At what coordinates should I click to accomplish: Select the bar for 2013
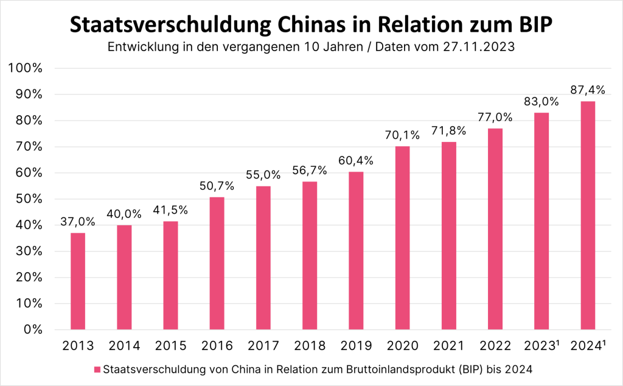[x=78, y=281]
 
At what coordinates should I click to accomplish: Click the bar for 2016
[x=217, y=263]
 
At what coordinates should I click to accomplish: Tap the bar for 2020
[x=402, y=238]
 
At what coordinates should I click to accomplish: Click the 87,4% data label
[x=587, y=89]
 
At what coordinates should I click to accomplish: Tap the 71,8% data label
[x=448, y=130]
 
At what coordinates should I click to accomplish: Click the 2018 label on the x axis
[x=310, y=346]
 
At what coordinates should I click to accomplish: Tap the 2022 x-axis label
[x=495, y=346]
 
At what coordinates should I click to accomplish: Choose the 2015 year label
[x=170, y=346]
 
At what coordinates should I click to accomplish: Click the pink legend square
[x=97, y=369]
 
